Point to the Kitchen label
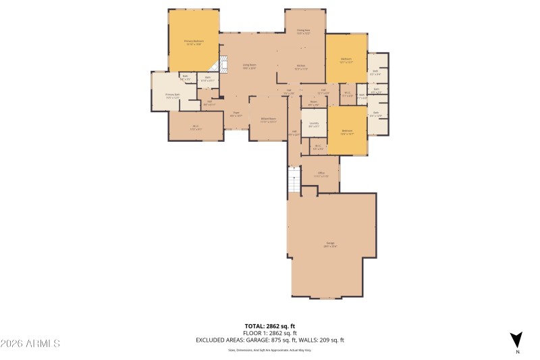(x=301, y=67)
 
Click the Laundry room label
(x=314, y=124)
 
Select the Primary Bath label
(x=172, y=96)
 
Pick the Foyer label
(x=236, y=114)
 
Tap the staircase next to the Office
(x=294, y=180)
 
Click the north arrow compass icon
(x=517, y=340)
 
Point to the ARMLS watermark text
(x=30, y=344)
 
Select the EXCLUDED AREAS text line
(x=269, y=340)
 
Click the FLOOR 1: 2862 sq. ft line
(x=269, y=333)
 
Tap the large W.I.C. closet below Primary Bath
(x=196, y=126)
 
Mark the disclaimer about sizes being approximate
(x=269, y=350)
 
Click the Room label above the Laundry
(x=313, y=103)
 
